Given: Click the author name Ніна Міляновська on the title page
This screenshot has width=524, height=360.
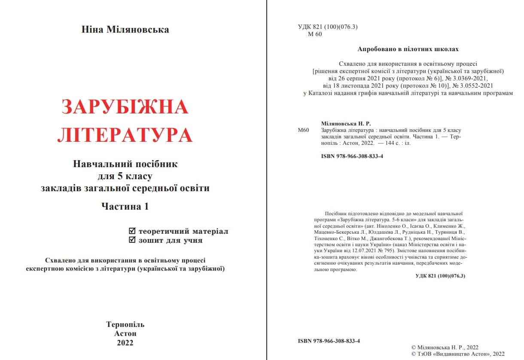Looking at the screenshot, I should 125,30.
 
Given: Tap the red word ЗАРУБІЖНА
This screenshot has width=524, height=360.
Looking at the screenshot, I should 125,107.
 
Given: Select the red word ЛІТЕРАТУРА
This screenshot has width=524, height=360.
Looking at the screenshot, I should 125,135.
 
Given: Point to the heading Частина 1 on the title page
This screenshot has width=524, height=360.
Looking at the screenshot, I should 125,206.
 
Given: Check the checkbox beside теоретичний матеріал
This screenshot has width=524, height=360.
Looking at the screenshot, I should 132,231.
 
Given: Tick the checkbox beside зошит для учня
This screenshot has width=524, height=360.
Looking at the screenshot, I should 132,240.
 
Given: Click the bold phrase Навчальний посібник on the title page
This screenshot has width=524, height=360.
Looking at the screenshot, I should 125,164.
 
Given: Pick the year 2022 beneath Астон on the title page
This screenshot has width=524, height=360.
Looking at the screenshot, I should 125,343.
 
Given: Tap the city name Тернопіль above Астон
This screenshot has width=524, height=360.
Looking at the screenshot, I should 125,324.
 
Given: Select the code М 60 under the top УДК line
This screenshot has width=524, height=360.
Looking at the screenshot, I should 315,34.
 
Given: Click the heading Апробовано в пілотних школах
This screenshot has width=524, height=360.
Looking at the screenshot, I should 408,49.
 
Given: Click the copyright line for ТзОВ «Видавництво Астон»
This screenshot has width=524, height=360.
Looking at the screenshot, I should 458,354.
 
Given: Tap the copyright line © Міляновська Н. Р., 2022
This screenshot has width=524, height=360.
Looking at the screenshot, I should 445,347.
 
